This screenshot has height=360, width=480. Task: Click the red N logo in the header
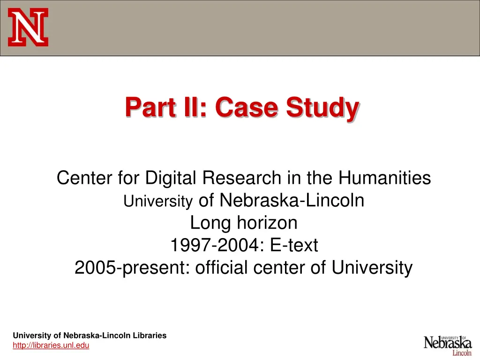28,28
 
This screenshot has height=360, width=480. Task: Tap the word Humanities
385,178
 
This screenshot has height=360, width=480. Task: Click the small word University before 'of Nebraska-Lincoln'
158,202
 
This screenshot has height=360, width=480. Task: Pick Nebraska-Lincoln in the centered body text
292,201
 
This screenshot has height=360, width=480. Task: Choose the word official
222,268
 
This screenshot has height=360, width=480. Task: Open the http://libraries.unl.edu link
51,345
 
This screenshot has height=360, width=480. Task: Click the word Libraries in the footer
149,335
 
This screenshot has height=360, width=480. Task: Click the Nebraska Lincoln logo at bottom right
448,345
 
